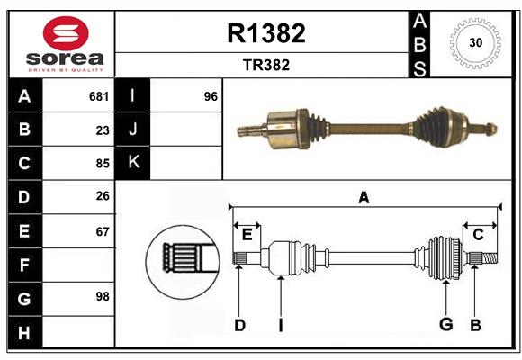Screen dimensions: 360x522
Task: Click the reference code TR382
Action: coord(265,66)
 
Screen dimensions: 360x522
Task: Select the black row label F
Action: coord(24,265)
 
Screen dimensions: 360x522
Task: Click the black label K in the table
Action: coord(133,163)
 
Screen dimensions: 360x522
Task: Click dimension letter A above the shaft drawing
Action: coord(364,198)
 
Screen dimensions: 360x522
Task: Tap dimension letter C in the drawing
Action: coord(478,234)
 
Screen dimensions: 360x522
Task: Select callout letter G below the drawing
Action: coord(445,324)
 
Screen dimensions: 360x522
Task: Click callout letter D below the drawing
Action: coord(239,324)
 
